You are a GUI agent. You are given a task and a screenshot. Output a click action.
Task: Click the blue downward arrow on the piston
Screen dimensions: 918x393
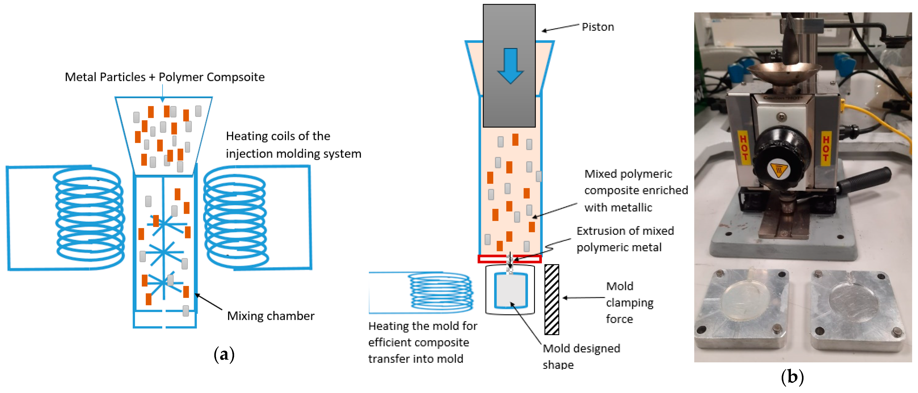click(x=510, y=66)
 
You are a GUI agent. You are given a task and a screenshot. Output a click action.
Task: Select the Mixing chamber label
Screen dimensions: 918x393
click(x=271, y=316)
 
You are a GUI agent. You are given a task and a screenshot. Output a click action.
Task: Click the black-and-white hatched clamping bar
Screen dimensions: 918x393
click(x=552, y=299)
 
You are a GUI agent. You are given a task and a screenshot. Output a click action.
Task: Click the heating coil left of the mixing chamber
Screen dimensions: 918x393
click(x=89, y=217)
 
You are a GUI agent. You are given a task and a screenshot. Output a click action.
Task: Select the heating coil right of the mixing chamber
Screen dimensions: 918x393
click(x=236, y=217)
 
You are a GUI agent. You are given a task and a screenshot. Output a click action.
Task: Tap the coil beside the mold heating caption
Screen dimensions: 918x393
click(x=441, y=291)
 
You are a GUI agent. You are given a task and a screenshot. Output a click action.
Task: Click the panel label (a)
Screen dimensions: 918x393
click(x=224, y=354)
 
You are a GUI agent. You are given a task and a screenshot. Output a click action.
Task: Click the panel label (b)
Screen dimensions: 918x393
click(x=792, y=377)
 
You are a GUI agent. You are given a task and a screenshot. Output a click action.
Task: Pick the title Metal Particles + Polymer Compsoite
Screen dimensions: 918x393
click(x=165, y=77)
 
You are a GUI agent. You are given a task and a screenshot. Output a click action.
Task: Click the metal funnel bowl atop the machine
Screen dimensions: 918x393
click(x=783, y=74)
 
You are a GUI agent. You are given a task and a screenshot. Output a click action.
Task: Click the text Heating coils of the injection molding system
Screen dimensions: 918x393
click(x=294, y=145)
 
